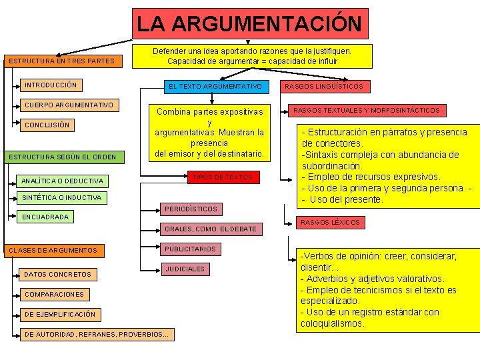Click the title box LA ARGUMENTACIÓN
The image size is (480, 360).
(249, 24)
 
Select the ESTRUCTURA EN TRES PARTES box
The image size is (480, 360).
(61, 61)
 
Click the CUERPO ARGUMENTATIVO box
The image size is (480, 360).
(69, 105)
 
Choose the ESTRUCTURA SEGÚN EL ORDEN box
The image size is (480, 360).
(61, 157)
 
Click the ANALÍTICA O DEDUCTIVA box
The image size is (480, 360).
(63, 181)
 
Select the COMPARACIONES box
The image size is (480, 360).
(54, 294)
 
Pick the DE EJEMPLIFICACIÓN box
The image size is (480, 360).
(59, 314)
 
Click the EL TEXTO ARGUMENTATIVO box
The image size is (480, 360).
(215, 87)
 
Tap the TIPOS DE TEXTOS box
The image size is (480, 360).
(223, 177)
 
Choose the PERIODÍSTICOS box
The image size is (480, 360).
(191, 209)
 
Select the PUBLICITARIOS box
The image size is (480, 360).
(190, 249)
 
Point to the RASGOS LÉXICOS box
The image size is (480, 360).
(330, 222)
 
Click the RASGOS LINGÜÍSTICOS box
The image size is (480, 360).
(323, 87)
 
